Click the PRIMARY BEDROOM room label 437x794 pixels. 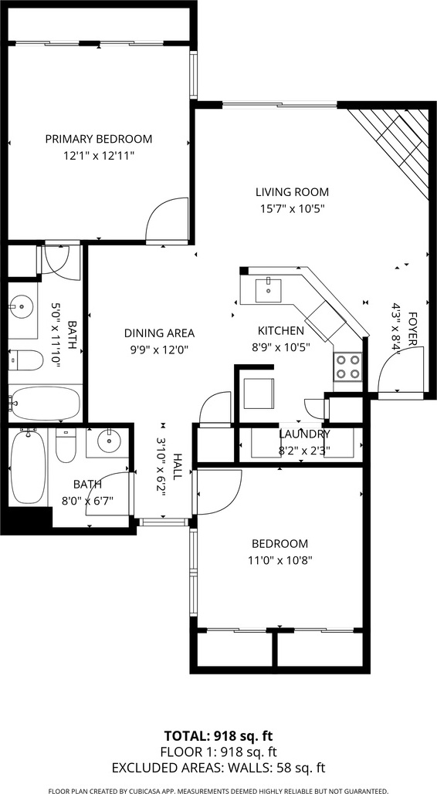[x=99, y=139]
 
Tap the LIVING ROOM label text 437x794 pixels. [x=292, y=192]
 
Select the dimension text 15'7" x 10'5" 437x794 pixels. [x=292, y=208]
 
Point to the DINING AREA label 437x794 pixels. [x=160, y=333]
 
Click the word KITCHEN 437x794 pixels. [x=281, y=331]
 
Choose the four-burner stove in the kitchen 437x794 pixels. [x=348, y=367]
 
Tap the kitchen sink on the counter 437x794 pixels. [x=268, y=290]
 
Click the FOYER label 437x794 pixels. [x=412, y=329]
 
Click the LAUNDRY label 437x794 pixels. [x=305, y=434]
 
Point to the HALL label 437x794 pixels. [x=178, y=467]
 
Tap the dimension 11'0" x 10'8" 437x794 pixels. [x=279, y=560]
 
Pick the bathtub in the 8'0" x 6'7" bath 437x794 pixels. [x=27, y=466]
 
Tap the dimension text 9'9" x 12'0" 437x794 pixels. [x=160, y=350]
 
